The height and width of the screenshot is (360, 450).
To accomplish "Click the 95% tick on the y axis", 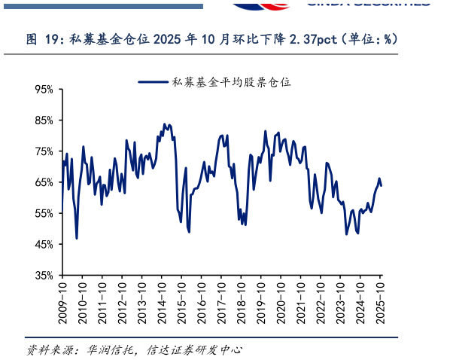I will pos(44,89).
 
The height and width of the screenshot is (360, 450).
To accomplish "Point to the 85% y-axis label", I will pos(44,121).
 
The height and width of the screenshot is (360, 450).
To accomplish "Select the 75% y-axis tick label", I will pos(44,151).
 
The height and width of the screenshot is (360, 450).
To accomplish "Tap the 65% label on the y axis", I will pos(44,182).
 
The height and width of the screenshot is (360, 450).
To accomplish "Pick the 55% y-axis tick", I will pos(44,214).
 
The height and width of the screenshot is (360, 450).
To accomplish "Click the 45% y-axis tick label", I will pos(44,245).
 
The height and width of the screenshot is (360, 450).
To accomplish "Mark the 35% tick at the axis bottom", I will pos(44,276).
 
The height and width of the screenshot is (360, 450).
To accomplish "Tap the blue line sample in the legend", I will pos(154,82).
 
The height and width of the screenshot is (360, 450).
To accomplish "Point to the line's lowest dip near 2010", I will pos(77,238).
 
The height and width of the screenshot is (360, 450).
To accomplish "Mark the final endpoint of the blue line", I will pos(381,185).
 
